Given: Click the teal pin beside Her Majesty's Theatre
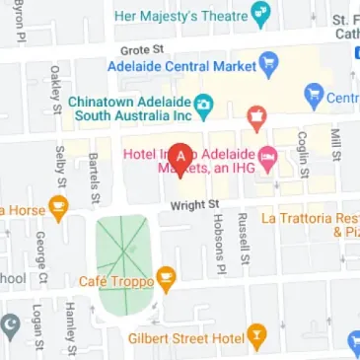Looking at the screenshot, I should pyautogui.click(x=260, y=15).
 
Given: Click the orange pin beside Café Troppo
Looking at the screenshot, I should pyautogui.click(x=166, y=280).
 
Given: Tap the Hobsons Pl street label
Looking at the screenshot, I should pyautogui.click(x=220, y=243).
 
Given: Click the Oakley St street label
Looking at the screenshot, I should pyautogui.click(x=55, y=88).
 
